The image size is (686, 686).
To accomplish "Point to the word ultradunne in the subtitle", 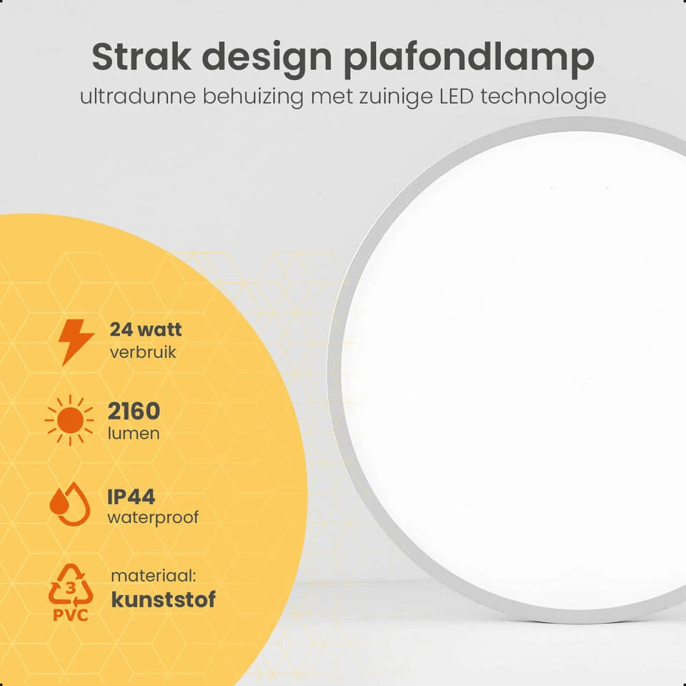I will pos(137,96).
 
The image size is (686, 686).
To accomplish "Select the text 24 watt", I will pos(146,330).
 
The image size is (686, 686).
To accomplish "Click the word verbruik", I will pos(143,352).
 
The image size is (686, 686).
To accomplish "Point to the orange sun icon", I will pos(69,420).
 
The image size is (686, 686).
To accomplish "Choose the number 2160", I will pos(134,411).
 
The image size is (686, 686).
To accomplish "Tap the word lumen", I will pos(134,434).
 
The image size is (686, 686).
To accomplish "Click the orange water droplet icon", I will pos(70,505).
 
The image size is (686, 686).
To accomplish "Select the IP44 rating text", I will pos(131,496).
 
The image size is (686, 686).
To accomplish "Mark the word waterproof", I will pos(153,517).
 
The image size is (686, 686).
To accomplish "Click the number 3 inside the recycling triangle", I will pos(70,587).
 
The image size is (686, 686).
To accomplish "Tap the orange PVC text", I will pos(70,615).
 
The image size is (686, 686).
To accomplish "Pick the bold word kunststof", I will pos(163,599).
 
